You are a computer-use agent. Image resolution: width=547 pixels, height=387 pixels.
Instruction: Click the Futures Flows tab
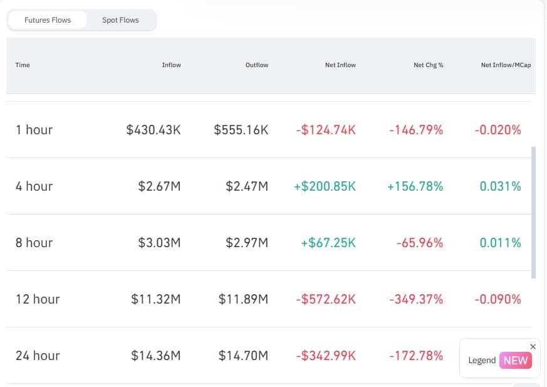48,20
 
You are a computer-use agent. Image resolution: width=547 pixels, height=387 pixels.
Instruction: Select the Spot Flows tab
120,20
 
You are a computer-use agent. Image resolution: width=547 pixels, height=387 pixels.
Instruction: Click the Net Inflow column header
340,65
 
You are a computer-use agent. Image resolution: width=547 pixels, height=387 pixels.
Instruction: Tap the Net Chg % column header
429,65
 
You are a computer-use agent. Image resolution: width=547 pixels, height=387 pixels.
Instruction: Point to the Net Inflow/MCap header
506,65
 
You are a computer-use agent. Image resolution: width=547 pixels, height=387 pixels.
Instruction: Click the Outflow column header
257,65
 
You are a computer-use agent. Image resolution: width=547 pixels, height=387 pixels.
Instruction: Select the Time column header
23,65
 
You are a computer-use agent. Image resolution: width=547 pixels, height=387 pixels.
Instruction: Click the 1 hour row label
34,130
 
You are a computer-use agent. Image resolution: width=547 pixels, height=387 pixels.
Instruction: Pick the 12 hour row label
38,299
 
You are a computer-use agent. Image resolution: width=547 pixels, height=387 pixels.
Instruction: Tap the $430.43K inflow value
154,130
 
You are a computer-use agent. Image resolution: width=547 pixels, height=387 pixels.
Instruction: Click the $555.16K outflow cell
241,130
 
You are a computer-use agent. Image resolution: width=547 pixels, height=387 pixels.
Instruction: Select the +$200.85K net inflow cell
325,186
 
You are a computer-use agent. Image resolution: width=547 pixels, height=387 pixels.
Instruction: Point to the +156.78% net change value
415,186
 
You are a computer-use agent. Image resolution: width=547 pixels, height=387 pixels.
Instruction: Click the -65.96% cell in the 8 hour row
419,243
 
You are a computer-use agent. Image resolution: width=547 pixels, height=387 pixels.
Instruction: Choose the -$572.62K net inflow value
326,299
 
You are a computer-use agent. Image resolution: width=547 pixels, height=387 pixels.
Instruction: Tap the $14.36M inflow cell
156,356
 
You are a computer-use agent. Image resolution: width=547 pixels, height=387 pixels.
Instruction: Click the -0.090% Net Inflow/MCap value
498,299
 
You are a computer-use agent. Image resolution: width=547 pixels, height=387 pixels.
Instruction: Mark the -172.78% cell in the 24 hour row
416,356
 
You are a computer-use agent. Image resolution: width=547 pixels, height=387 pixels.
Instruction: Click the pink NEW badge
516,360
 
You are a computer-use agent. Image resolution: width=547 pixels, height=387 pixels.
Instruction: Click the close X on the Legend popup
533,346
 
